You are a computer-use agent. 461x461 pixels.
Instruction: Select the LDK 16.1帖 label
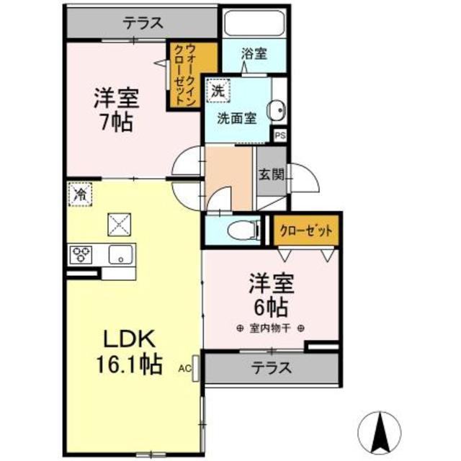click(130, 351)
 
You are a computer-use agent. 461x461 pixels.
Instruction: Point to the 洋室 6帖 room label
click(269, 293)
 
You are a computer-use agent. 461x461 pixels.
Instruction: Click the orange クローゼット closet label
click(305, 231)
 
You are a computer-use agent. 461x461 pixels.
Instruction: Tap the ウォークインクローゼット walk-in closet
click(191, 76)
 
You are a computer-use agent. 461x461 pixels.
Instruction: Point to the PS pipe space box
click(279, 135)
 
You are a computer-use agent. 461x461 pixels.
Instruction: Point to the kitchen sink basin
click(120, 254)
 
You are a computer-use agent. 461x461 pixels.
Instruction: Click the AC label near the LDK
click(184, 368)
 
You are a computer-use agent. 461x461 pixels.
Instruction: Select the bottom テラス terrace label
click(272, 368)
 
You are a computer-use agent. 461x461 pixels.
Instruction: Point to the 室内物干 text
click(269, 329)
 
